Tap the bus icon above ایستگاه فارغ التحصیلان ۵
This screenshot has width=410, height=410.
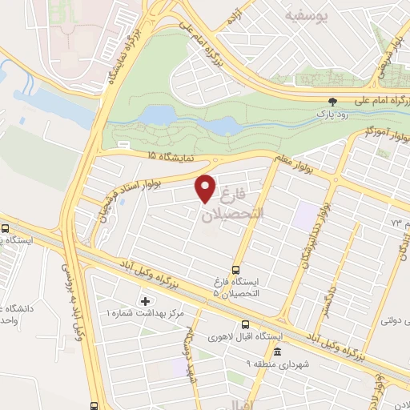(236, 271)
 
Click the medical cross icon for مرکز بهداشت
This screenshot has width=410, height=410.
(145, 301)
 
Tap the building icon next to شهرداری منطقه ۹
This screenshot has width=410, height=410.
(278, 352)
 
